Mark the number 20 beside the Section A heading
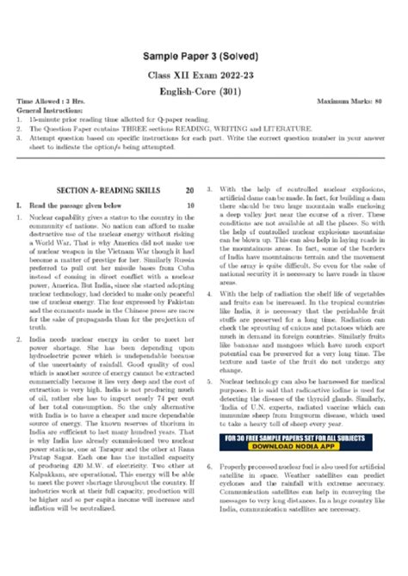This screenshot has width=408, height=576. [189, 189]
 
